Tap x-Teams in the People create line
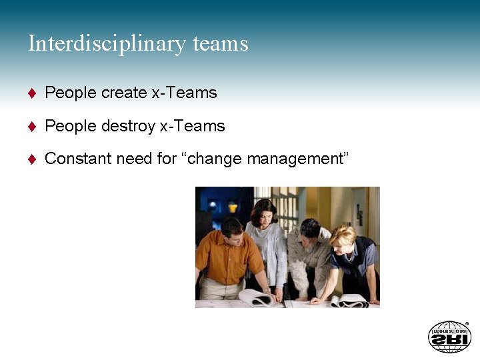[x=185, y=93]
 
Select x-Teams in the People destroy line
[x=193, y=126]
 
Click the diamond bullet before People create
[x=31, y=93]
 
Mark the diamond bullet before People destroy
[x=31, y=127]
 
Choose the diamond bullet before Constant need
[x=31, y=159]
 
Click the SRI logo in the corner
[x=449, y=337]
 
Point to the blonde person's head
[x=344, y=237]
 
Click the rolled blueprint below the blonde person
[x=349, y=301]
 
